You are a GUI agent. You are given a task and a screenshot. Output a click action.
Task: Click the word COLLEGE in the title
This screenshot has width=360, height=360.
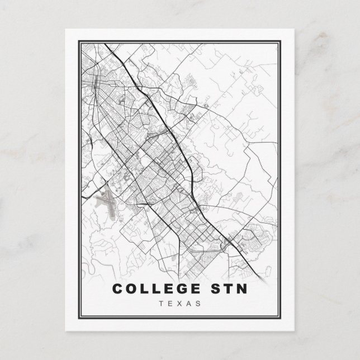[x=153, y=289]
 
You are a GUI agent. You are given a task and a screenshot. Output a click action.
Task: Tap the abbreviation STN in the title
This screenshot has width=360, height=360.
[x=225, y=289]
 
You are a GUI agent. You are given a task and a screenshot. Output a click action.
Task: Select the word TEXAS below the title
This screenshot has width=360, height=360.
[x=180, y=304]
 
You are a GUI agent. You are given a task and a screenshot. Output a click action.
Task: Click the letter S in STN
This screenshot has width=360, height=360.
[x=211, y=289]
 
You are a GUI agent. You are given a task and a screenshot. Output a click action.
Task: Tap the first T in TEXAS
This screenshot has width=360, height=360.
[x=162, y=304]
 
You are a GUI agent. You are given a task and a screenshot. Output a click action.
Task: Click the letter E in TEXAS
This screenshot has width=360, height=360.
[x=170, y=304]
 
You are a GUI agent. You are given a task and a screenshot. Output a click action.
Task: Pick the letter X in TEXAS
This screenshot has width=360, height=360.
[x=179, y=304]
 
